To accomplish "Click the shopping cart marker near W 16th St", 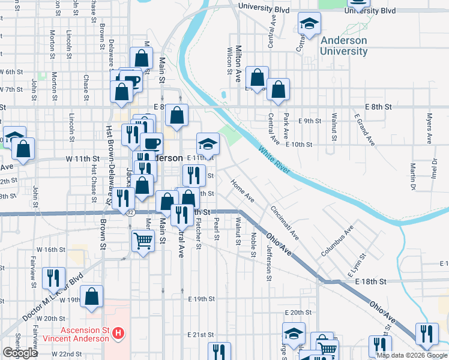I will click(143, 241).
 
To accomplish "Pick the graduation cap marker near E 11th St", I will click(208, 144).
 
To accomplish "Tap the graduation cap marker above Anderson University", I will click(309, 23).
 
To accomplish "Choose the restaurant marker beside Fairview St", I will click(55, 277).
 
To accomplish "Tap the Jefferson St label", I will click(268, 262).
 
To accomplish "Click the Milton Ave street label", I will click(238, 63).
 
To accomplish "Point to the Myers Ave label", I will click(430, 128).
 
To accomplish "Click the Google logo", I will click(20, 353).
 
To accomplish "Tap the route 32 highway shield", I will click(130, 212).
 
